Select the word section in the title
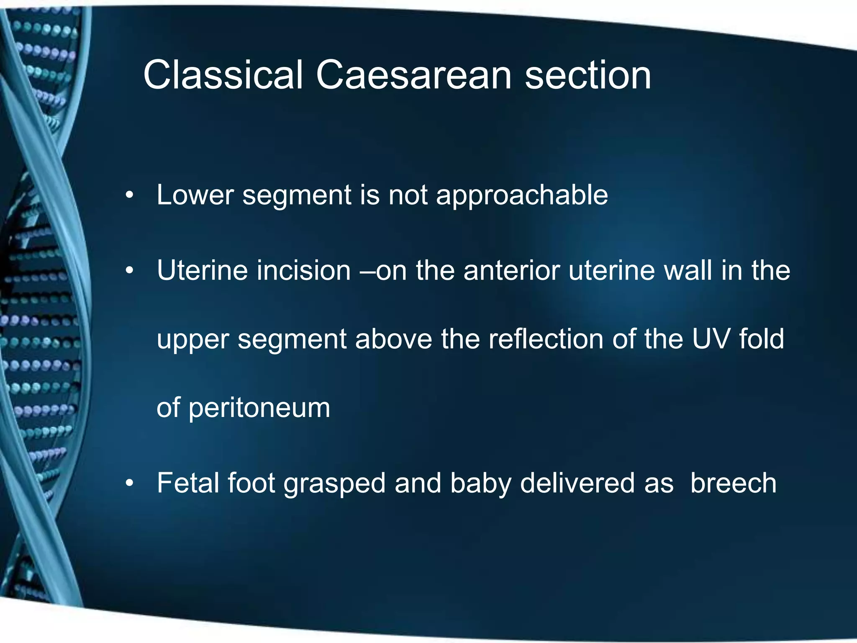tap(588, 75)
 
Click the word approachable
tap(522, 195)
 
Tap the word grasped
tap(334, 484)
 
